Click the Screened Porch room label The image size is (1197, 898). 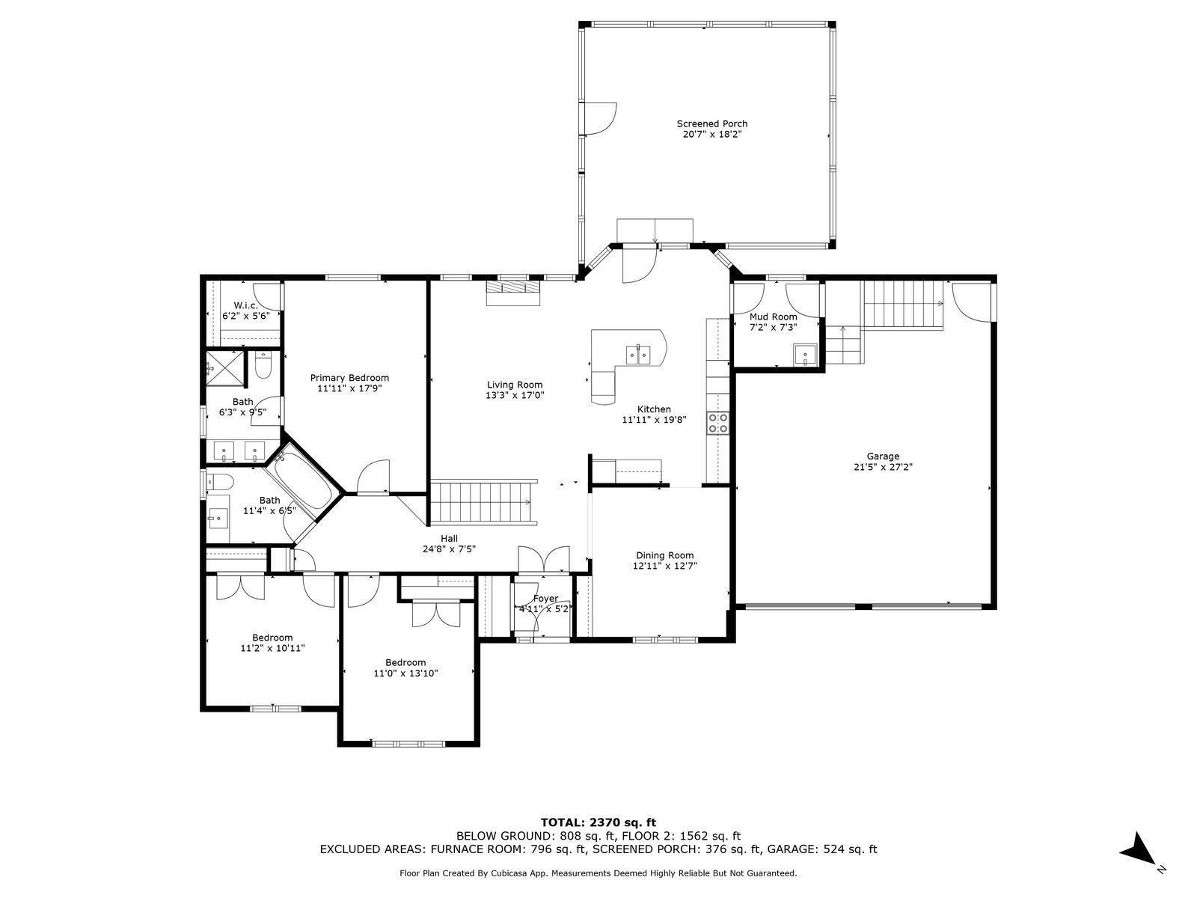[711, 123]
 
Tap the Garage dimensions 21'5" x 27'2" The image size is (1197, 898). [883, 467]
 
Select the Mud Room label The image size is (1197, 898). [774, 317]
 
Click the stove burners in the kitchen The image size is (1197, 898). [717, 423]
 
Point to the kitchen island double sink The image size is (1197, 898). [638, 355]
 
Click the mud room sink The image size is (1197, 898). [805, 355]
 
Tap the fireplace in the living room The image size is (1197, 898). [514, 293]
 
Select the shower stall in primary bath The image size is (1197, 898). [224, 369]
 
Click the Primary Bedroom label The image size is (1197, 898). [349, 378]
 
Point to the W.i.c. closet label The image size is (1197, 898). [245, 305]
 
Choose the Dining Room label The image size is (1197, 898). [665, 555]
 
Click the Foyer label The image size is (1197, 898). [545, 599]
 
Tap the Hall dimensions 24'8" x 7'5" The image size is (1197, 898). [449, 549]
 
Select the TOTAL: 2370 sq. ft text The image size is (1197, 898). [598, 822]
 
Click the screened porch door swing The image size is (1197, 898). [601, 118]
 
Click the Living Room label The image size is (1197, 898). [515, 385]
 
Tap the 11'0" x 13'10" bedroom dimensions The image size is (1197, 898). [405, 673]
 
